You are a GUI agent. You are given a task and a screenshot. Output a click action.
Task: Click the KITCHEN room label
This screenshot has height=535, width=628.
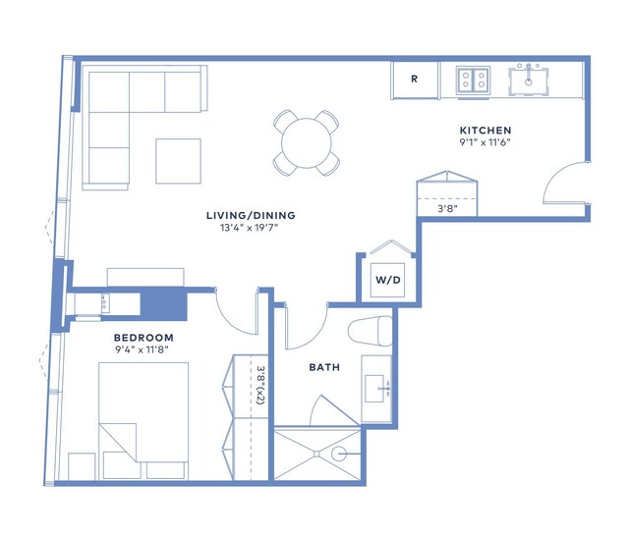pos(485,131)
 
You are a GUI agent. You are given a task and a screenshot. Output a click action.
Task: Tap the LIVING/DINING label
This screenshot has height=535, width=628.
pos(251,215)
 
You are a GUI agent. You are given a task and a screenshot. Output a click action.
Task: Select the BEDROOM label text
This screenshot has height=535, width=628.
pos(143,338)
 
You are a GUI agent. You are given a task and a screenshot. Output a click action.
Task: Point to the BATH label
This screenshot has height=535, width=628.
pos(324,367)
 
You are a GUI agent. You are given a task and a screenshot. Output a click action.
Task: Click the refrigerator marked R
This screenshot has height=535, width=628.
pos(415,80)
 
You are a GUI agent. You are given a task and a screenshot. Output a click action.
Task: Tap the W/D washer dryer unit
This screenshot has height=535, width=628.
pos(387,280)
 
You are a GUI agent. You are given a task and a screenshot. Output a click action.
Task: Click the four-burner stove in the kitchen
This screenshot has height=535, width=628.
pos(473,80)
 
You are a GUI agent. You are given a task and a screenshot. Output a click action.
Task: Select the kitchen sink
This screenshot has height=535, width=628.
pos(529,82)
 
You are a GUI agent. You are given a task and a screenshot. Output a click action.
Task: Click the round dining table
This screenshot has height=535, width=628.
pos(307,143)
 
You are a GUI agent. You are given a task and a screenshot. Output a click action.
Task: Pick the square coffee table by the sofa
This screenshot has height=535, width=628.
pos(178,161)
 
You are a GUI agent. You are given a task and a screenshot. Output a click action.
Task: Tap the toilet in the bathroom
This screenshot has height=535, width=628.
pos(370,331)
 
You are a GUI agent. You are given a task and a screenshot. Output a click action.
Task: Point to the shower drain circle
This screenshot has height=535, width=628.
pos(338,454)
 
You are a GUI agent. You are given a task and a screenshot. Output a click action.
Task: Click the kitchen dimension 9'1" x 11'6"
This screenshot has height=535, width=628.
pos(485,142)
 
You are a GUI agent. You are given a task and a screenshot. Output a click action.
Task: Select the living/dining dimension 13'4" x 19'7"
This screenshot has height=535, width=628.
pos(249,228)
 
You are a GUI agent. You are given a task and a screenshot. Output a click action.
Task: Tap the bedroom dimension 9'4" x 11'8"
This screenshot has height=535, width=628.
pos(142,349)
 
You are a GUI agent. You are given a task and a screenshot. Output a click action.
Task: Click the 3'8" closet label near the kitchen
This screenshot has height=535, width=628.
pos(447,208)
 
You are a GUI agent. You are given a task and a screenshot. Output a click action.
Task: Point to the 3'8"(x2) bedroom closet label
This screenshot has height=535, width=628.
pos(260,385)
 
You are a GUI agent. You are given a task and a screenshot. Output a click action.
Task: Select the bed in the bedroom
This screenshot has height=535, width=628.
pos(143,420)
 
